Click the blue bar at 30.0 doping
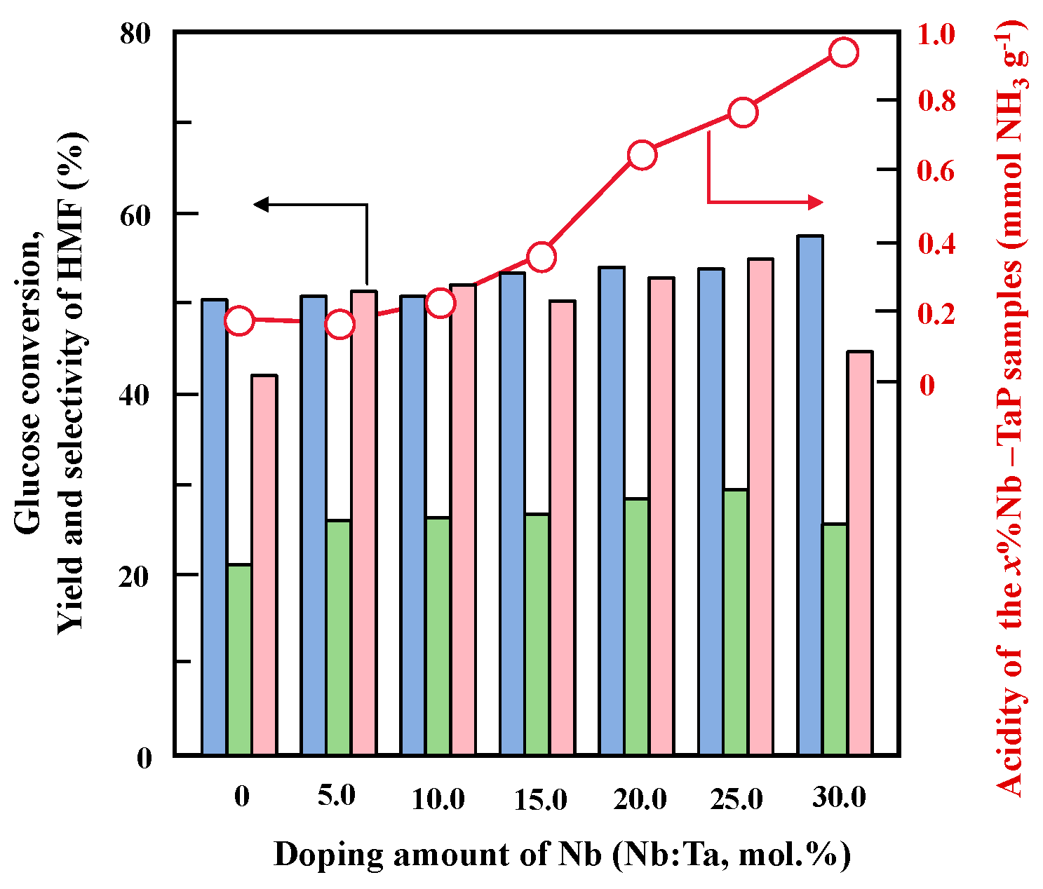tap(810, 495)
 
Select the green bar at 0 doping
tap(239, 659)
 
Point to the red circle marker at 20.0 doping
tap(642, 155)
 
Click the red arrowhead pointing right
tap(815, 203)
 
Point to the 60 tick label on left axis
tap(137, 213)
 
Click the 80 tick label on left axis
tap(137, 34)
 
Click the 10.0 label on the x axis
tap(438, 799)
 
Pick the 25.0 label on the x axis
tap(736, 799)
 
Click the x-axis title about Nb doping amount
tap(562, 855)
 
